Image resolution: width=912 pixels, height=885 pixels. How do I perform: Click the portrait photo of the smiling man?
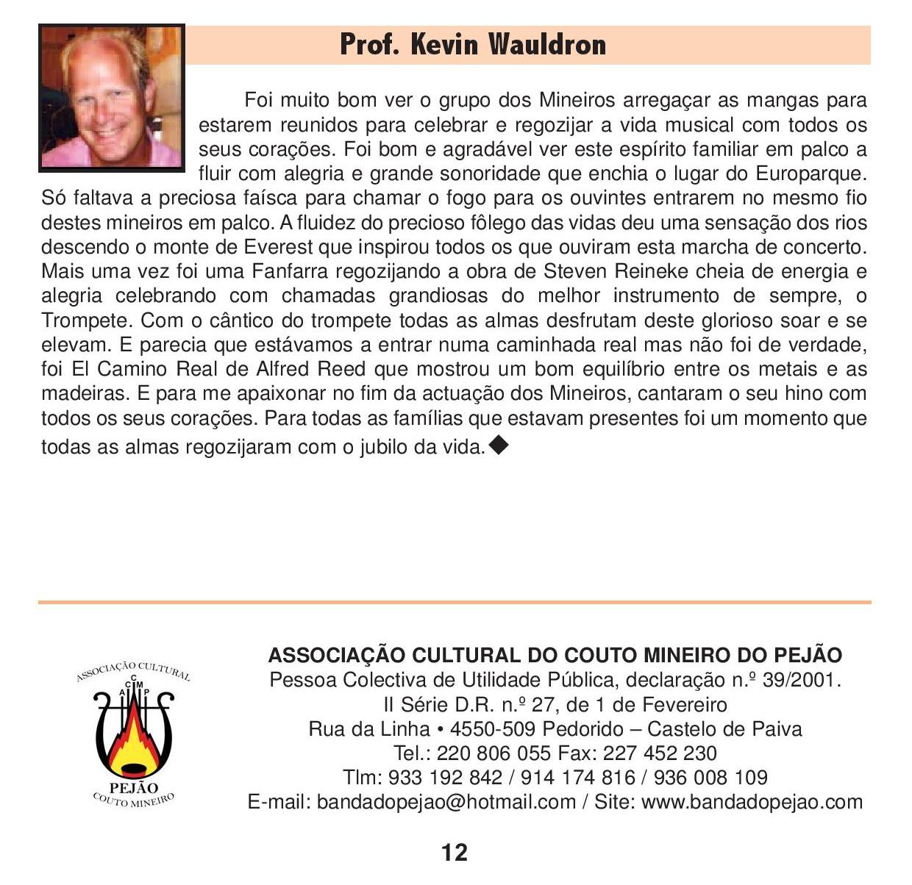point(112,98)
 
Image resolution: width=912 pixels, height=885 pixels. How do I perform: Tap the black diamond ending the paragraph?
point(498,444)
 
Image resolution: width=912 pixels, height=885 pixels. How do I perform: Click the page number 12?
point(455,853)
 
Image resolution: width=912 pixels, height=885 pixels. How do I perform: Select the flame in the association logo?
point(134,742)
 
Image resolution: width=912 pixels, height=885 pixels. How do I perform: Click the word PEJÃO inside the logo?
point(133,789)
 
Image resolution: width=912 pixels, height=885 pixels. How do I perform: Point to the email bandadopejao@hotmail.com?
point(446,802)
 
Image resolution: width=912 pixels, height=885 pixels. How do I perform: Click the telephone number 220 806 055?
point(494,753)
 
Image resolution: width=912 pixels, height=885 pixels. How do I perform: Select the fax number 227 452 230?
point(660,753)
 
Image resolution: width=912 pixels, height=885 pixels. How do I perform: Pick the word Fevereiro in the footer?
point(684,705)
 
